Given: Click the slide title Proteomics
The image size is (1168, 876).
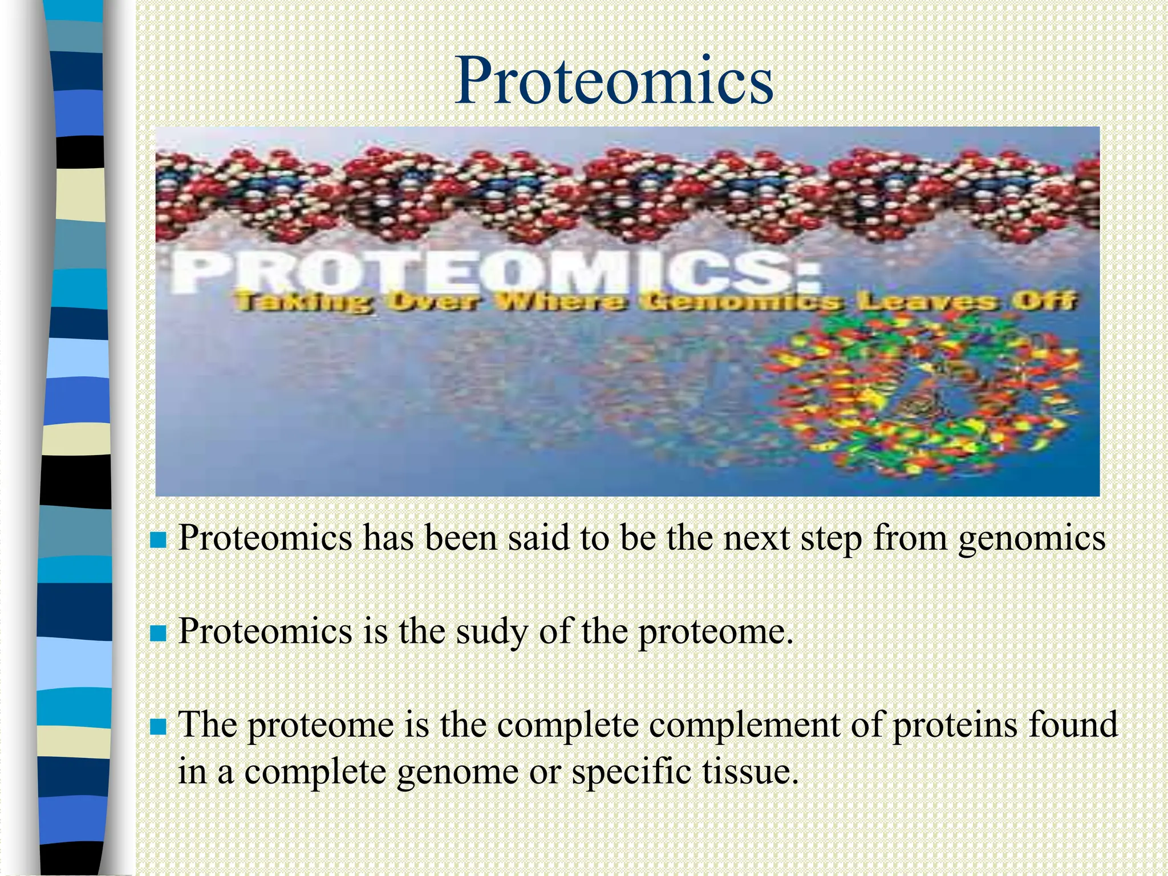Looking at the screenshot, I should [614, 81].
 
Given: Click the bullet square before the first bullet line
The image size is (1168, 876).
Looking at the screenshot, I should [157, 540].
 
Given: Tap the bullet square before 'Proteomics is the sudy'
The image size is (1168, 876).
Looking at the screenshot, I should [157, 633].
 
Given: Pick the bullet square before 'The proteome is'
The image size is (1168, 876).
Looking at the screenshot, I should [157, 727].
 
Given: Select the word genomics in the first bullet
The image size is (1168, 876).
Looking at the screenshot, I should [1031, 540].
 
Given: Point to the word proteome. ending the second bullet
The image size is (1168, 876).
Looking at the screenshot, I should [715, 633].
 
